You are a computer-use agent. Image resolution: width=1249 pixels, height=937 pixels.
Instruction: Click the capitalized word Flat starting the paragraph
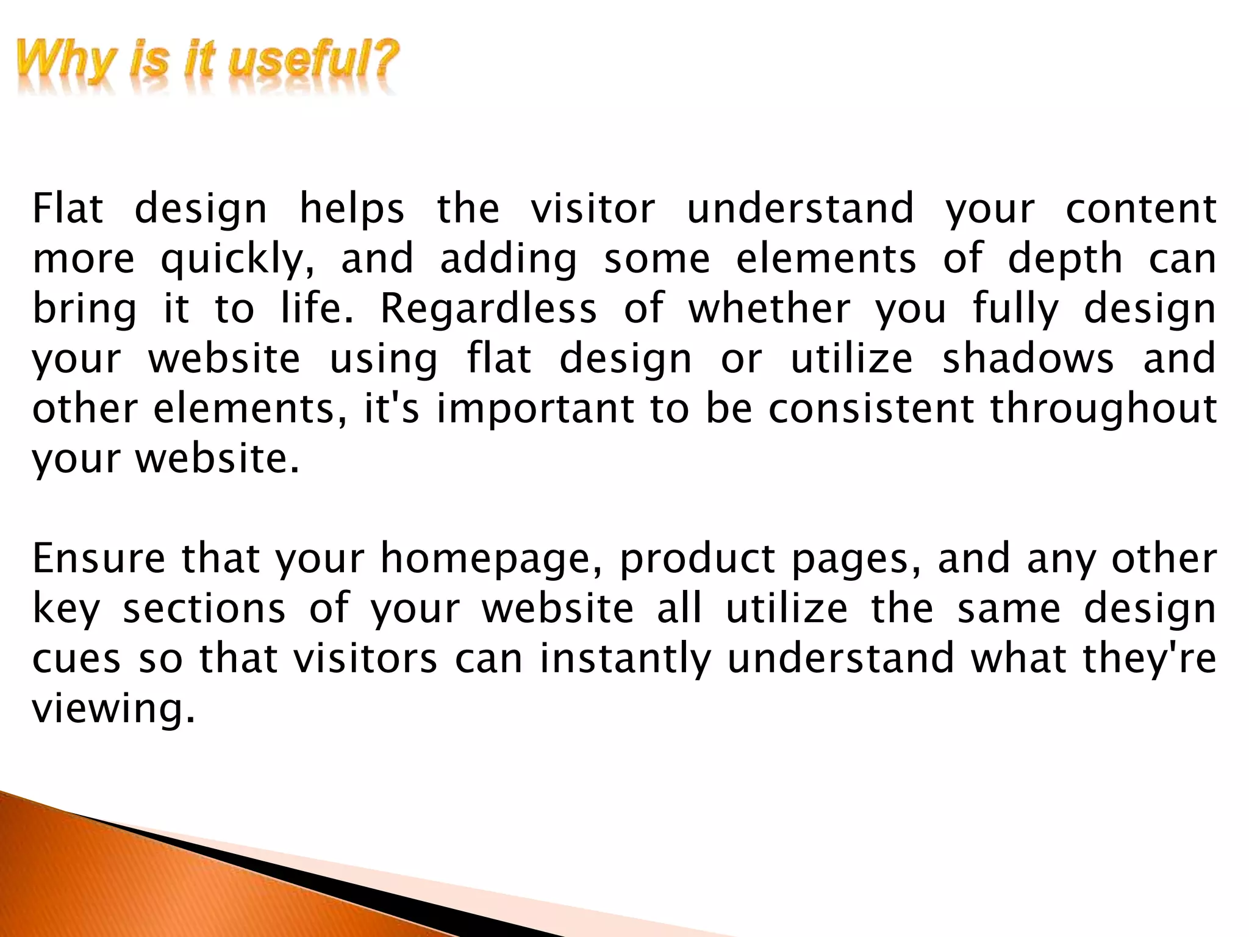click(x=68, y=209)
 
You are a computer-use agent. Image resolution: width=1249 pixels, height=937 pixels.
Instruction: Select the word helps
click(x=352, y=209)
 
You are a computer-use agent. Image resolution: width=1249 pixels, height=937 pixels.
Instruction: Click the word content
click(x=1140, y=209)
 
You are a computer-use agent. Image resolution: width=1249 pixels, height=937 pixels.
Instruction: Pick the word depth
click(x=1065, y=259)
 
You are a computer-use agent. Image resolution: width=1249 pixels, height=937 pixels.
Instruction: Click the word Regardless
click(x=489, y=309)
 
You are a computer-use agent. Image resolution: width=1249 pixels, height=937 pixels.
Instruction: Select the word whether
click(x=769, y=309)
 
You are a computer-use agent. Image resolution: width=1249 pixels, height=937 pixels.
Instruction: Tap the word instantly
click(x=626, y=660)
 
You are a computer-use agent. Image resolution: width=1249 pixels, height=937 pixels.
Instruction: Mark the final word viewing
click(x=113, y=710)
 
